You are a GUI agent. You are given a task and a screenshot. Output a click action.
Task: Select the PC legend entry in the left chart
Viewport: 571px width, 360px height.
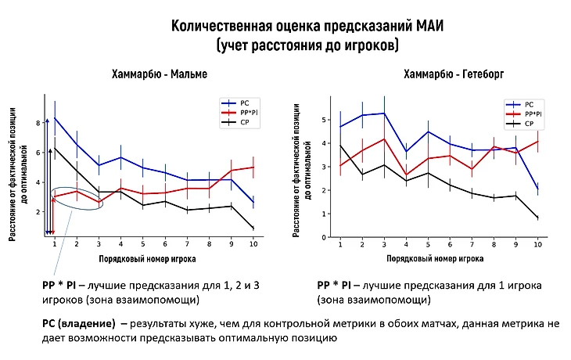246,103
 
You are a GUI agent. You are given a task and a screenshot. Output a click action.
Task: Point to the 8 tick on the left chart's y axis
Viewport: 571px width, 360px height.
36,123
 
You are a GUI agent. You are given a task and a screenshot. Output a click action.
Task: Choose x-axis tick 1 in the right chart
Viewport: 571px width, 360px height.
340,245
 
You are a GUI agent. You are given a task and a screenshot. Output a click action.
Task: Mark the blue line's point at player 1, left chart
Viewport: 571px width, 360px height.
54,118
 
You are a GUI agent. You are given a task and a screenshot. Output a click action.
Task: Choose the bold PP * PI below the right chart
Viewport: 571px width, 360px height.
337,285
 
